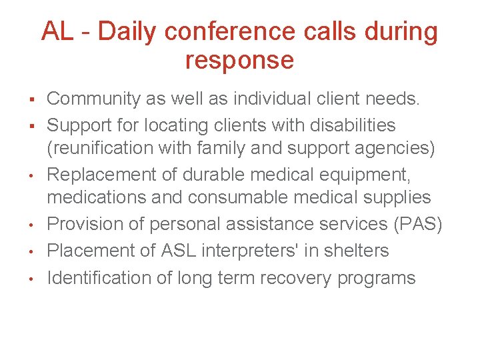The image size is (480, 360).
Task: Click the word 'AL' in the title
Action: pyautogui.click(x=57, y=31)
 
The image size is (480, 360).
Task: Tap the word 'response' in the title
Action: pyautogui.click(x=239, y=60)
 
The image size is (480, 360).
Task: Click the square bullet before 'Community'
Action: pyautogui.click(x=32, y=100)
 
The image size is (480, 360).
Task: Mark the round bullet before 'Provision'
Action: pyautogui.click(x=32, y=225)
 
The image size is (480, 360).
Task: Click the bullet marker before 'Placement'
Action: pyautogui.click(x=32, y=251)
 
